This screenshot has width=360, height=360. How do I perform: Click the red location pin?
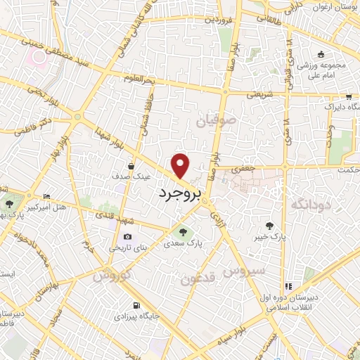pos(181,165)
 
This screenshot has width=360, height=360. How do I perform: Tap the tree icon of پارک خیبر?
pos(270,226)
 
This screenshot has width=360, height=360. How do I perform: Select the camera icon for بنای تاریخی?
pos(127,237)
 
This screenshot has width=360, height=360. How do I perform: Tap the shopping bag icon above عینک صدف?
pos(132,166)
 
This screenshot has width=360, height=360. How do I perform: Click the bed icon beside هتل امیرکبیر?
pos(47,196)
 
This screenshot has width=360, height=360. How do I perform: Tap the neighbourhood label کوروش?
pos(111,276)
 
